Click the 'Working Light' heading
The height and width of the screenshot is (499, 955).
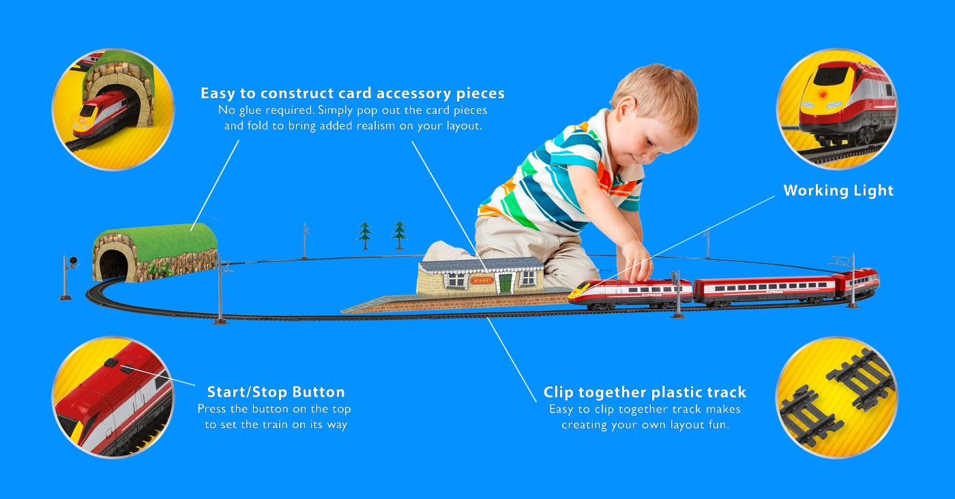point(838,190)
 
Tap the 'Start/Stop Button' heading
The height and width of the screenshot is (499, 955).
point(276,392)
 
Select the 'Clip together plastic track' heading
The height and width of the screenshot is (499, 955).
point(645,392)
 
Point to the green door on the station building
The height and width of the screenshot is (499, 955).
point(505,283)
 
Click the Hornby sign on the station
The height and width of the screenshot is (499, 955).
point(482,280)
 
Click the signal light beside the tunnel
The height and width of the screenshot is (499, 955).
point(73,260)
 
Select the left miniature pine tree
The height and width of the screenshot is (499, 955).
point(364,235)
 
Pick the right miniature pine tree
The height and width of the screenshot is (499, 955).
point(400,235)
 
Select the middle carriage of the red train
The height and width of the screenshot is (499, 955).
point(763,290)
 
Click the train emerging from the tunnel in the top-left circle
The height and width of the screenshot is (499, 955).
point(101,115)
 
